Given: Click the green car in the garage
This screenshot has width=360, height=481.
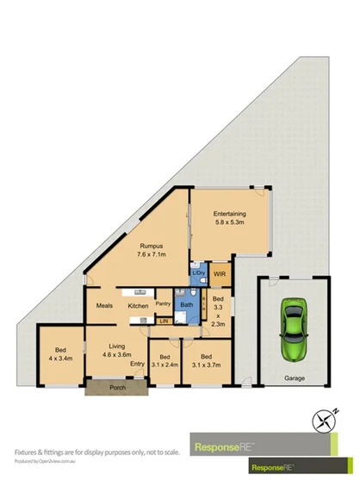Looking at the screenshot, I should tap(295, 328).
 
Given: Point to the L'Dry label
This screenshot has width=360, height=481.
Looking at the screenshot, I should tap(198, 273).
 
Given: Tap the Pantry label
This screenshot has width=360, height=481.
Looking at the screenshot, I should tap(162, 304).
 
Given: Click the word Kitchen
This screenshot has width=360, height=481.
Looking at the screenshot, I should tap(139, 306).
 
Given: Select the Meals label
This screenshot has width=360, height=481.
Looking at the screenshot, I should tap(106, 305).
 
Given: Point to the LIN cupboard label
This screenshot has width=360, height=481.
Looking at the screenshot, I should tap(163, 322).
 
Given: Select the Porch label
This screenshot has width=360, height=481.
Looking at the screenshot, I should tap(116, 387).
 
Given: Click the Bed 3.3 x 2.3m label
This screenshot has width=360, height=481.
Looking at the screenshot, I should tap(217, 311).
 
